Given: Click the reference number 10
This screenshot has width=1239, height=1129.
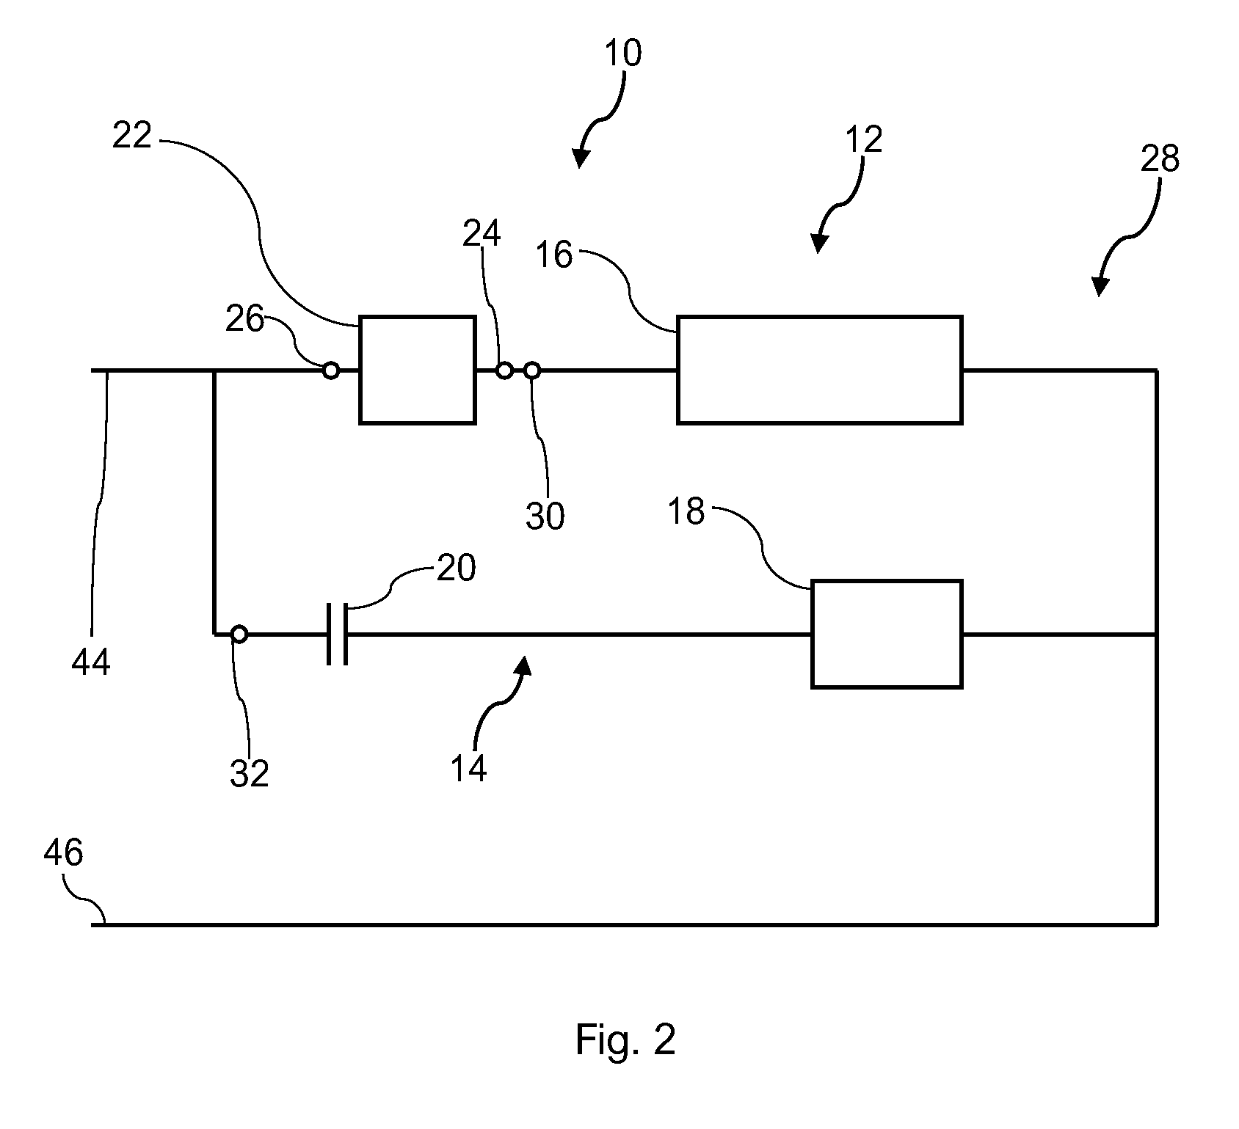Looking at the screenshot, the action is [623, 54].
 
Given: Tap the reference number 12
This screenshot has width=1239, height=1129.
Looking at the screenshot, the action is [863, 139].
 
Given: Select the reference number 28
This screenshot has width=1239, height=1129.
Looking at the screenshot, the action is [1160, 158].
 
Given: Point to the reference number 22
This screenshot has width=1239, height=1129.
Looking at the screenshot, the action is [132, 136].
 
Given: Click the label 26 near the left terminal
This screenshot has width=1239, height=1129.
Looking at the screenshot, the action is [244, 320].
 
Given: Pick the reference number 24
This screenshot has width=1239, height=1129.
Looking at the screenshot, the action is [482, 234].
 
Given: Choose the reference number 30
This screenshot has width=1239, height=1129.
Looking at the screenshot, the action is [545, 516].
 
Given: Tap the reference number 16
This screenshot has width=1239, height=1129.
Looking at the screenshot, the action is [553, 255].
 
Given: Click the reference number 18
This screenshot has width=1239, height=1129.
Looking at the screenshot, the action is [686, 511].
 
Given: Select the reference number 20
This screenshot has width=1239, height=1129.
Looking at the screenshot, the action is [456, 568].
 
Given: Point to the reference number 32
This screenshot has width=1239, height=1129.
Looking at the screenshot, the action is [250, 773].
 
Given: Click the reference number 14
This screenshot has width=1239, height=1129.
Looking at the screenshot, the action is [468, 769].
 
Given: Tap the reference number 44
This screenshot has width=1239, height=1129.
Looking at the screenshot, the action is [91, 662].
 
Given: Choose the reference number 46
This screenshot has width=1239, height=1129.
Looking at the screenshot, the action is [64, 853].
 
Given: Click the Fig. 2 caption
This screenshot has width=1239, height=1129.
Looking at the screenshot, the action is [625, 1040].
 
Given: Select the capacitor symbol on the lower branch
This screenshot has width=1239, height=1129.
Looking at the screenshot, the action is [337, 635].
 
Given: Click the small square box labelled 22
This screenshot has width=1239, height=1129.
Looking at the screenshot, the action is [417, 370].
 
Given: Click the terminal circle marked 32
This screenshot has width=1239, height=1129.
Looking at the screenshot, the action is [239, 634].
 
